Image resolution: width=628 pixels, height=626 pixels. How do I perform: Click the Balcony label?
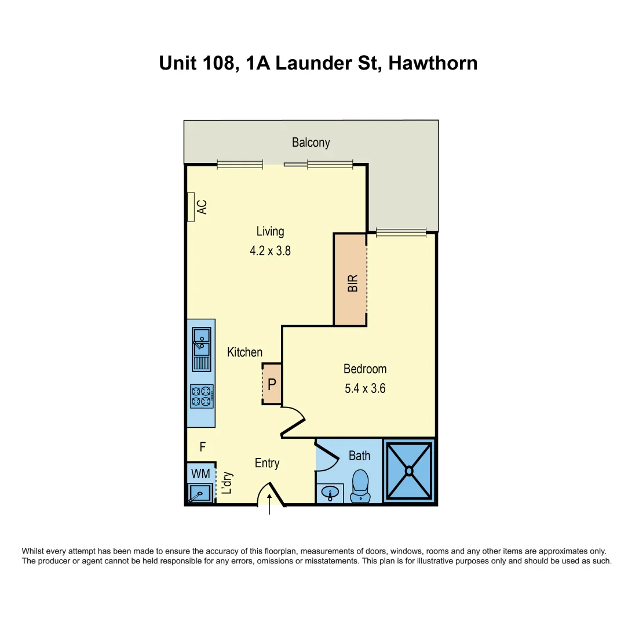tap(311, 143)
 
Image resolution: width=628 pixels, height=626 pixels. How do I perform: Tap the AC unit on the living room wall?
tap(191, 207)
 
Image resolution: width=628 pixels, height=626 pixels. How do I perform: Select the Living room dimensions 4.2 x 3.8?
tap(270, 252)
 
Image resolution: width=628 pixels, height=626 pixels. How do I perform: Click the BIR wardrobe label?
tap(352, 283)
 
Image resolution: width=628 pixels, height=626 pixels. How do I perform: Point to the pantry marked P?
tap(272, 384)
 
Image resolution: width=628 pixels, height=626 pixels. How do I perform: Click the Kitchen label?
tap(244, 352)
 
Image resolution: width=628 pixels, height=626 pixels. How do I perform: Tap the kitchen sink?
tap(202, 341)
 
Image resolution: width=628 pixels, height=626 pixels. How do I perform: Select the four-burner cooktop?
tap(202, 396)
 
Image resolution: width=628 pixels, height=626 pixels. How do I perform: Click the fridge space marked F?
tap(203, 447)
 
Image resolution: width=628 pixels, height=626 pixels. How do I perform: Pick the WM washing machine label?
tap(201, 474)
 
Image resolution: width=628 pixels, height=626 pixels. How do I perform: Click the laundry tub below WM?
tap(200, 493)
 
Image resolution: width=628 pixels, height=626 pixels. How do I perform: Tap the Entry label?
tap(267, 463)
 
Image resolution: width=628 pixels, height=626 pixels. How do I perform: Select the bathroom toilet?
tap(360, 485)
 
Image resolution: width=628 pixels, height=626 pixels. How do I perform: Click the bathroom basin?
tap(330, 493)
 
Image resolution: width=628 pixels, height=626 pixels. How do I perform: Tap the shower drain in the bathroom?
tap(410, 471)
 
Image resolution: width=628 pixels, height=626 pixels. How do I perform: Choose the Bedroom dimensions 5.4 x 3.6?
tap(365, 389)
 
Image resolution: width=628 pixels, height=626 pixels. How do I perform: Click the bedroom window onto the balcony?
tap(401, 232)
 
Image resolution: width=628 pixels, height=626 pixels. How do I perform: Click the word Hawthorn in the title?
tap(433, 63)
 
